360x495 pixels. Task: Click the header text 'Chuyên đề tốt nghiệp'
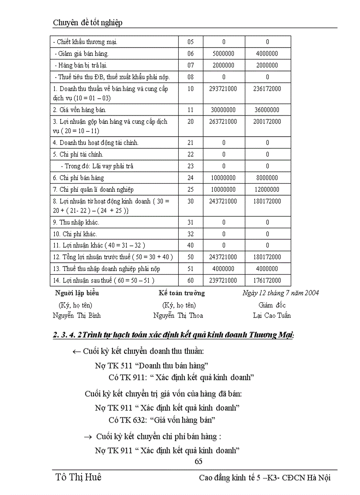[87, 22]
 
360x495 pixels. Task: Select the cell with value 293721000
[223, 89]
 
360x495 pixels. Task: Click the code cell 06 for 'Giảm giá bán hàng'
[191, 54]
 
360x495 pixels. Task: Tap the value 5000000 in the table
[223, 54]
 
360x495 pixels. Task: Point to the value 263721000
[223, 122]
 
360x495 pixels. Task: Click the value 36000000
[267, 110]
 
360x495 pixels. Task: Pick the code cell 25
[191, 190]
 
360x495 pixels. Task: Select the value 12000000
[267, 190]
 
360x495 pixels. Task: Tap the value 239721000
[223, 280]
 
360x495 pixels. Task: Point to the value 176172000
[267, 280]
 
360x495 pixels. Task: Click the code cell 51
[191, 268]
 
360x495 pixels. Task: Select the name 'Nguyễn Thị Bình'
[77, 316]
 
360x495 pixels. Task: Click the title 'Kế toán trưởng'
[182, 293]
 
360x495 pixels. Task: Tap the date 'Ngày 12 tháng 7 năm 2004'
[281, 293]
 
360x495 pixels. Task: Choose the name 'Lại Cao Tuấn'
[272, 316]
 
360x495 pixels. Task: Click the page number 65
[198, 462]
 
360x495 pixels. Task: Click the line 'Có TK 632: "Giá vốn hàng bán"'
[161, 420]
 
